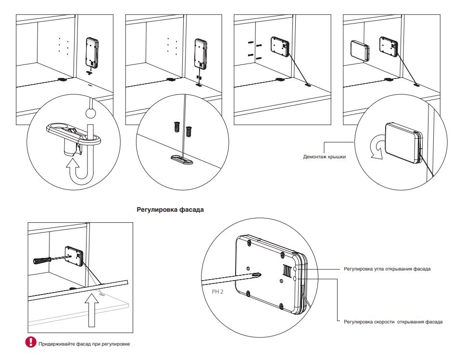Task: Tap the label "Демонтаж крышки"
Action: [325, 156]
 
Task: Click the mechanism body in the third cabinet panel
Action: [279, 46]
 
